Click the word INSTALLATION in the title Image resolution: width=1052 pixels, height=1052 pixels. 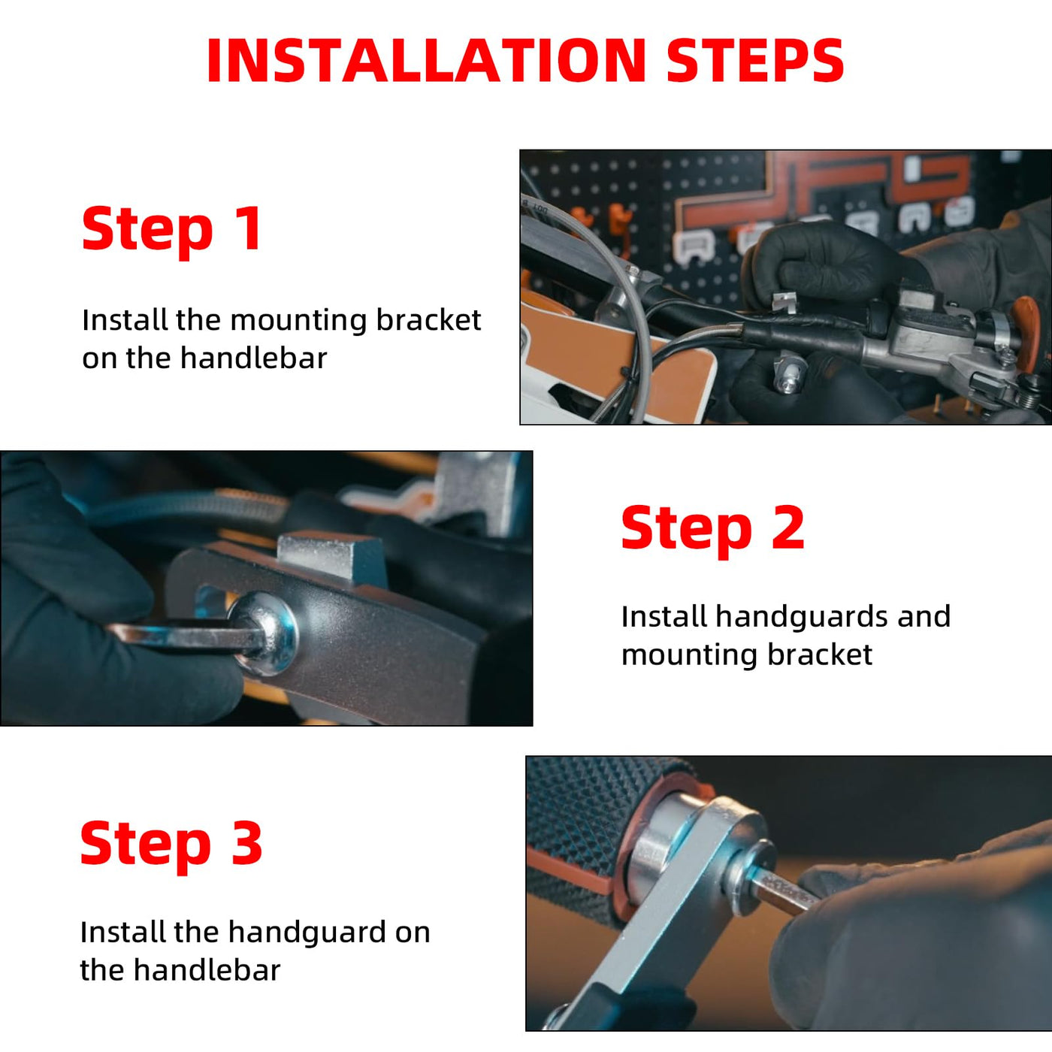[x=426, y=60]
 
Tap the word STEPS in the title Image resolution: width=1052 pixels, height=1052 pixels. [x=755, y=60]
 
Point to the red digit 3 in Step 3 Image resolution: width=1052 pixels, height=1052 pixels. [x=246, y=843]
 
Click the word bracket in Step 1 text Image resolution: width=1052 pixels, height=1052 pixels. [x=428, y=320]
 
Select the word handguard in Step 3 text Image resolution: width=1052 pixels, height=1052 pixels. [x=307, y=933]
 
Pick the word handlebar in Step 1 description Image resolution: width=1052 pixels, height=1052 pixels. [x=253, y=358]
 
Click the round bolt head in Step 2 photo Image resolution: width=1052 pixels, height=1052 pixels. [x=265, y=633]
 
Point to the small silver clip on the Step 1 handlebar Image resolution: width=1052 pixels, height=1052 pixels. [x=784, y=301]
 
